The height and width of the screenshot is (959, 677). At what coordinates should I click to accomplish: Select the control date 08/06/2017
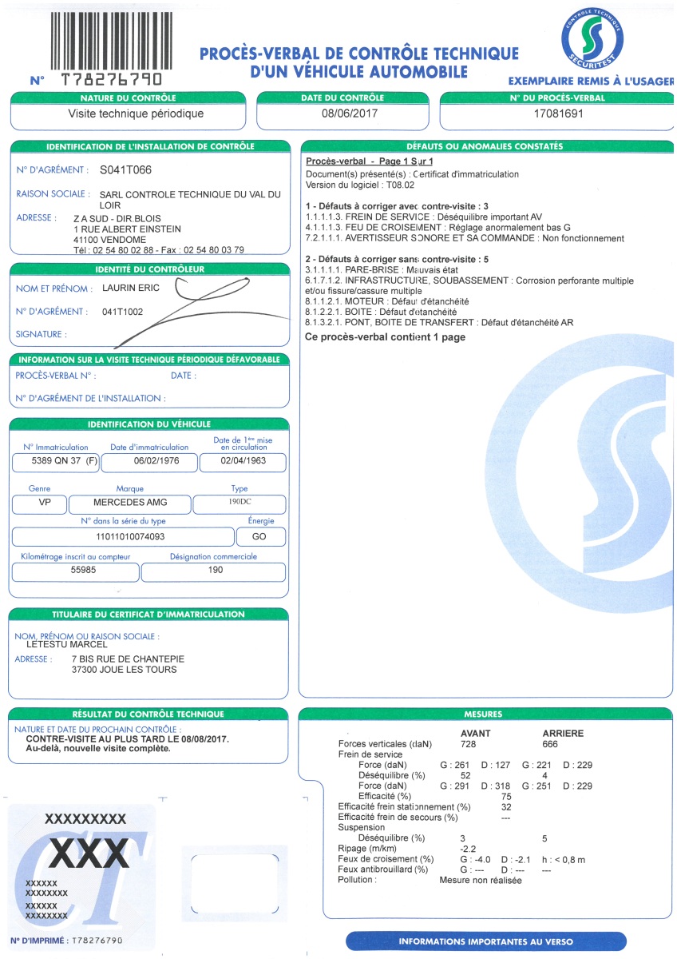click(349, 113)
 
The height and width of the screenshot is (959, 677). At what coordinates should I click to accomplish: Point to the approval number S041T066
click(125, 170)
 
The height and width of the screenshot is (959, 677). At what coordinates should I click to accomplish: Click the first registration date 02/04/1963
click(243, 462)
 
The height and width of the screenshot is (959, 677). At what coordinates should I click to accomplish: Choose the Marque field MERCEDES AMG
click(130, 504)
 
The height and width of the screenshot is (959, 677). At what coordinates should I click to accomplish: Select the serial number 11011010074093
click(130, 536)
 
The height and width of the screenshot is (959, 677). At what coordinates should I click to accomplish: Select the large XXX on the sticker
click(89, 854)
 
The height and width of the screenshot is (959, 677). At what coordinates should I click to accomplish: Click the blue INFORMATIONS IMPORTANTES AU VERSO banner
click(485, 941)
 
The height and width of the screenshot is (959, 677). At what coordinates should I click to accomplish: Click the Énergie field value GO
click(259, 536)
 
